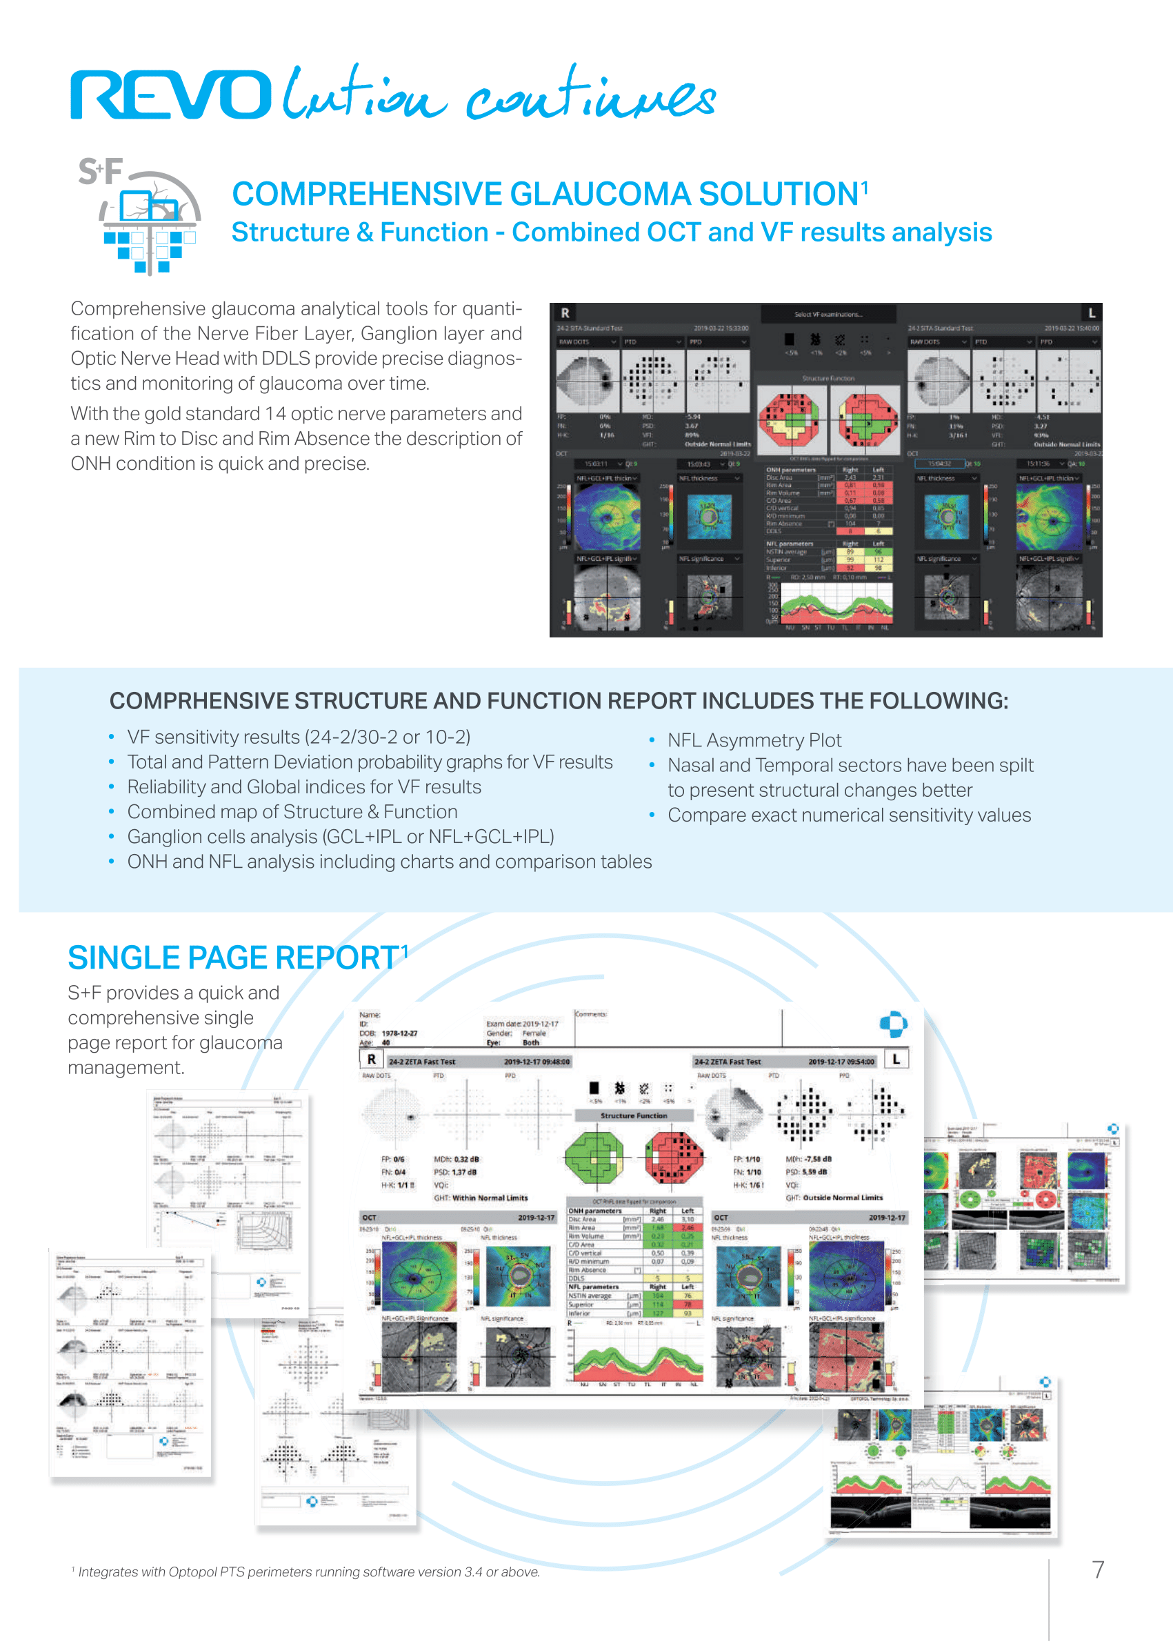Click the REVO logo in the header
[x=170, y=95]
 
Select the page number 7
[x=1098, y=1569]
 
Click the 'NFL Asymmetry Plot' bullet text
[x=754, y=740]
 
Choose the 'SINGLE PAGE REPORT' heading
[x=233, y=958]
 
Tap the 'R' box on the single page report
[x=371, y=1060]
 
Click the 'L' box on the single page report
[x=896, y=1060]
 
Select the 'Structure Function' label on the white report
[x=634, y=1115]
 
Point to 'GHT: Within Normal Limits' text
[x=481, y=1198]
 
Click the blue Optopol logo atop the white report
[x=894, y=1023]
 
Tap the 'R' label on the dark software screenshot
[x=565, y=313]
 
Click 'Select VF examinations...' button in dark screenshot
[x=828, y=315]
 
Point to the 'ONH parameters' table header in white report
[x=594, y=1210]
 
